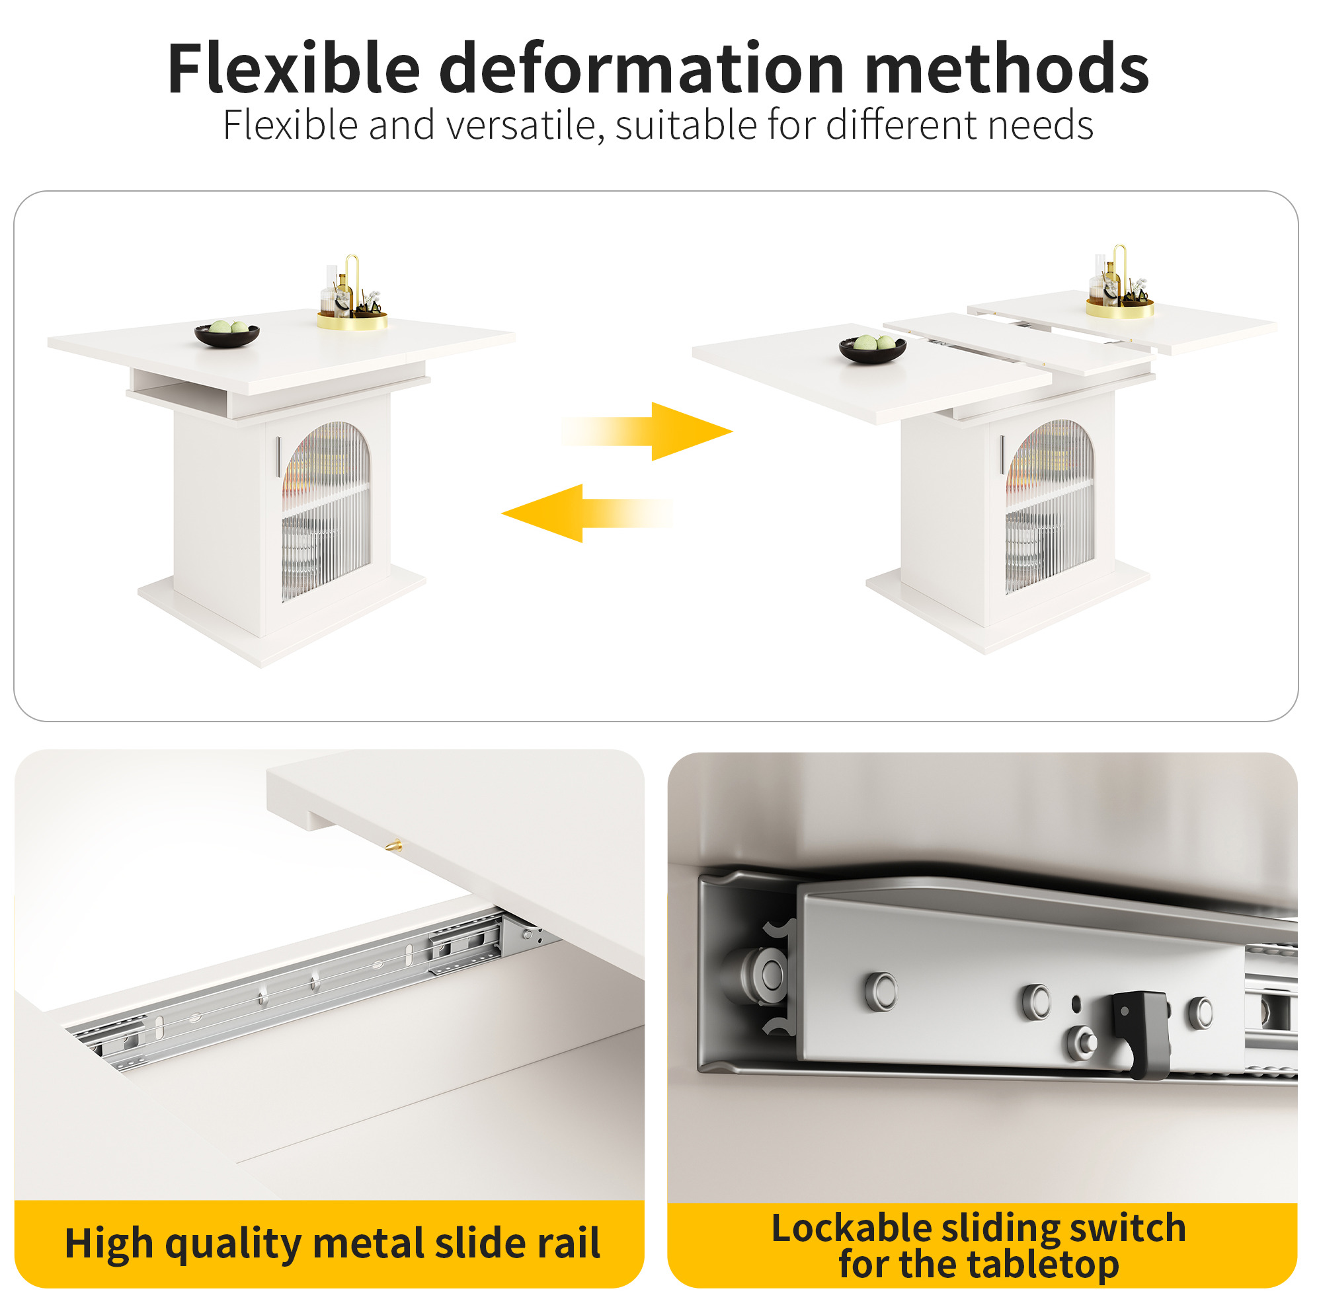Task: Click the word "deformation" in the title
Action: click(641, 68)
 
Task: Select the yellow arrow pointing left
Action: click(587, 513)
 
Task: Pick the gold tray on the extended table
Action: click(1120, 307)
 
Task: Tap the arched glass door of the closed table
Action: click(326, 510)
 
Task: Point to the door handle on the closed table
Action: click(278, 457)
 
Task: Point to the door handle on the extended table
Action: click(1002, 455)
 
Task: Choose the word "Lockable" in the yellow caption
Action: click(851, 1228)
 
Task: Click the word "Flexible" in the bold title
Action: click(294, 68)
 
